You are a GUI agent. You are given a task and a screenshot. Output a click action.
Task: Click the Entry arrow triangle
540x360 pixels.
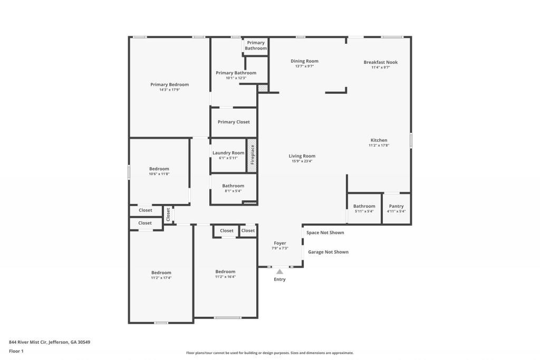tap(279, 271)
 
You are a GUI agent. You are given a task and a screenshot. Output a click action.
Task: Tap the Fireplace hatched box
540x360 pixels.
tap(252, 155)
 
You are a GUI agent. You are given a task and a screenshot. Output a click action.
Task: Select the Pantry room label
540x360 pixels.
tap(396, 206)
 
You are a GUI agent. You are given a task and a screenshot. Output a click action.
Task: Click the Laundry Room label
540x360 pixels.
tap(228, 153)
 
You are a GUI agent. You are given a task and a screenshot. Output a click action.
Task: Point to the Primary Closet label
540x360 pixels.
tap(234, 122)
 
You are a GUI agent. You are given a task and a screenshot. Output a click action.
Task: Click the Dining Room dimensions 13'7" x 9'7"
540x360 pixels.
tap(304, 66)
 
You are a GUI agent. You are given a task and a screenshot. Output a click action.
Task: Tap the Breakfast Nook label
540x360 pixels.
tap(380, 62)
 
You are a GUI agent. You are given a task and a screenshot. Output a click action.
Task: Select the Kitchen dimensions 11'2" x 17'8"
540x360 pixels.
tap(379, 145)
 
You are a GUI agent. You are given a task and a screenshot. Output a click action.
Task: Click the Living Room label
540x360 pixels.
tap(302, 156)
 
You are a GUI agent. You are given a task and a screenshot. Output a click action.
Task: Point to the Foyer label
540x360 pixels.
tap(279, 244)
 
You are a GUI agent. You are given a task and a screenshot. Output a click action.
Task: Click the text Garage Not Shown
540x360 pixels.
tap(328, 252)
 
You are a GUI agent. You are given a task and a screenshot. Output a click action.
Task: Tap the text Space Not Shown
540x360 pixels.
tap(325, 232)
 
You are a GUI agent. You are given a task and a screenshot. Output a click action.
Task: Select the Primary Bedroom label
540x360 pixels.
tap(169, 84)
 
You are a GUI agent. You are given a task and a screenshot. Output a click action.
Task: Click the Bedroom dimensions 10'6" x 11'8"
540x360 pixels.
tap(159, 174)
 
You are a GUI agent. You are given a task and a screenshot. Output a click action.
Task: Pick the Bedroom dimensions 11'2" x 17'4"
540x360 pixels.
tap(161, 278)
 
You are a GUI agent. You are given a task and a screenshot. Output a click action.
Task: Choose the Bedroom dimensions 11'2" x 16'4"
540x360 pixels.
tap(225, 277)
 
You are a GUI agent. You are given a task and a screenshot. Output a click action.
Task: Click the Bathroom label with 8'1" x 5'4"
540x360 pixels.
tap(233, 186)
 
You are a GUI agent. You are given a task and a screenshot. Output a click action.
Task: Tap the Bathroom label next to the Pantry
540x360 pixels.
tap(364, 206)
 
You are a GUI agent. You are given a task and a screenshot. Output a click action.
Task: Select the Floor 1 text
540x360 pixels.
tap(16, 351)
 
